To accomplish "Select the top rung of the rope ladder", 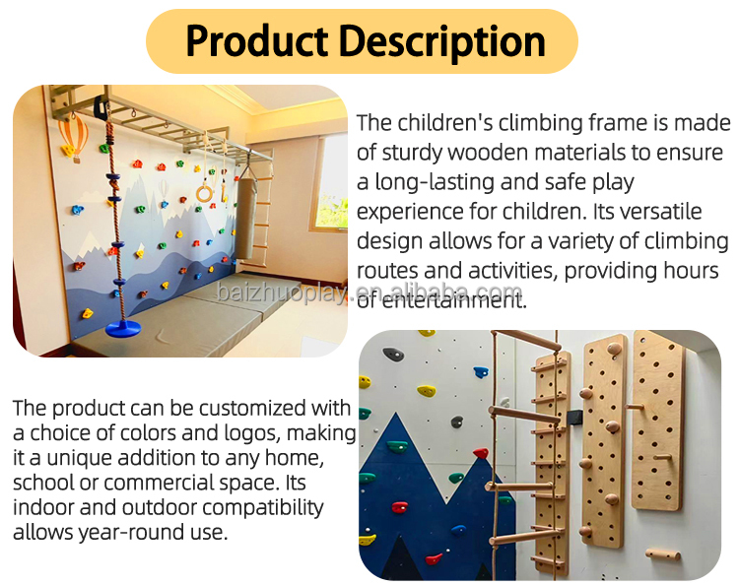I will coord(527,339).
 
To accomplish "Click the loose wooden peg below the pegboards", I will coord(663,554).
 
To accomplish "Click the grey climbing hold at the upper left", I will coord(393,354).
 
